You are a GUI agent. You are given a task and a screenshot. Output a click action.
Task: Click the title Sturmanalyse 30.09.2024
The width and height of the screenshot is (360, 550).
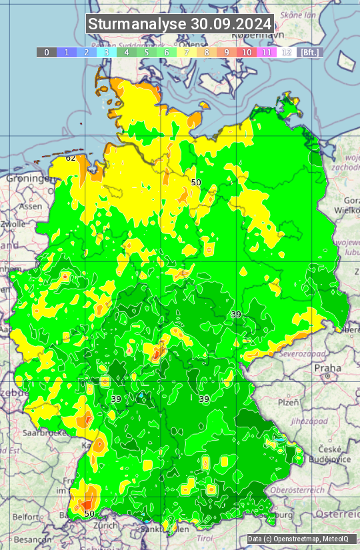point(180,24)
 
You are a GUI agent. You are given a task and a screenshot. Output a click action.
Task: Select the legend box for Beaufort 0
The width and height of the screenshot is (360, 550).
point(47,52)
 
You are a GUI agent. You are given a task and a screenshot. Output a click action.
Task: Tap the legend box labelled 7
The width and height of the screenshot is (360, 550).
point(187,52)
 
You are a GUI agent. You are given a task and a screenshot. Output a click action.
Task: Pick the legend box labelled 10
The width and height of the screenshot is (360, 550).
point(247,52)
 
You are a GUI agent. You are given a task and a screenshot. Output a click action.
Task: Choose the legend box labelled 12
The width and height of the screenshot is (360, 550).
point(287,52)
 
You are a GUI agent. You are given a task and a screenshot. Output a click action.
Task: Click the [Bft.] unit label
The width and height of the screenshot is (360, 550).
point(309,52)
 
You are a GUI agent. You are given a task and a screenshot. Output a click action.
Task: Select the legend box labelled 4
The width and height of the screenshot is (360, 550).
point(127,52)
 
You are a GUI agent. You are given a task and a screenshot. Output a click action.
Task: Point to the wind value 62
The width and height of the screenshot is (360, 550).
point(71,159)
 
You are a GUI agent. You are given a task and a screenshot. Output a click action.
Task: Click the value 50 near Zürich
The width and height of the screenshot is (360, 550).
point(89,513)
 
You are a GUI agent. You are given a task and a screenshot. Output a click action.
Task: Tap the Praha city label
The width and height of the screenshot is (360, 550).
point(328,368)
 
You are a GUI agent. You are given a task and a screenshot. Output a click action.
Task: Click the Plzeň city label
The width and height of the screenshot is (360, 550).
point(288,403)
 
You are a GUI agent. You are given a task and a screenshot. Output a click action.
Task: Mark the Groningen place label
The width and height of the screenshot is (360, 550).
point(29,179)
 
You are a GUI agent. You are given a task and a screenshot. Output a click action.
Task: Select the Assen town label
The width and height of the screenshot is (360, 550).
point(30,207)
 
